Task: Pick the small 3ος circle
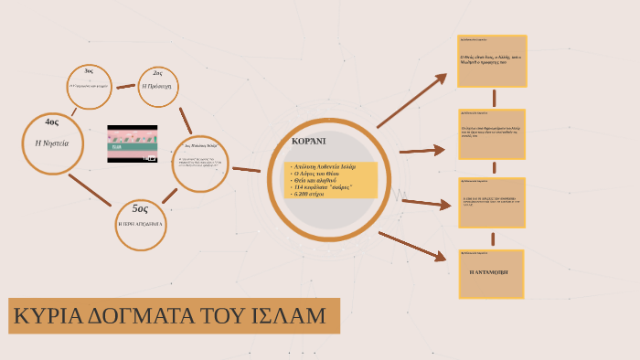[89, 85]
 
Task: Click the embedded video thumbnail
[133, 143]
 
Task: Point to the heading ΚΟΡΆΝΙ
[308, 143]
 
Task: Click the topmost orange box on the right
[492, 60]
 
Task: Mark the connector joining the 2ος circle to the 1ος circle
[186, 120]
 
